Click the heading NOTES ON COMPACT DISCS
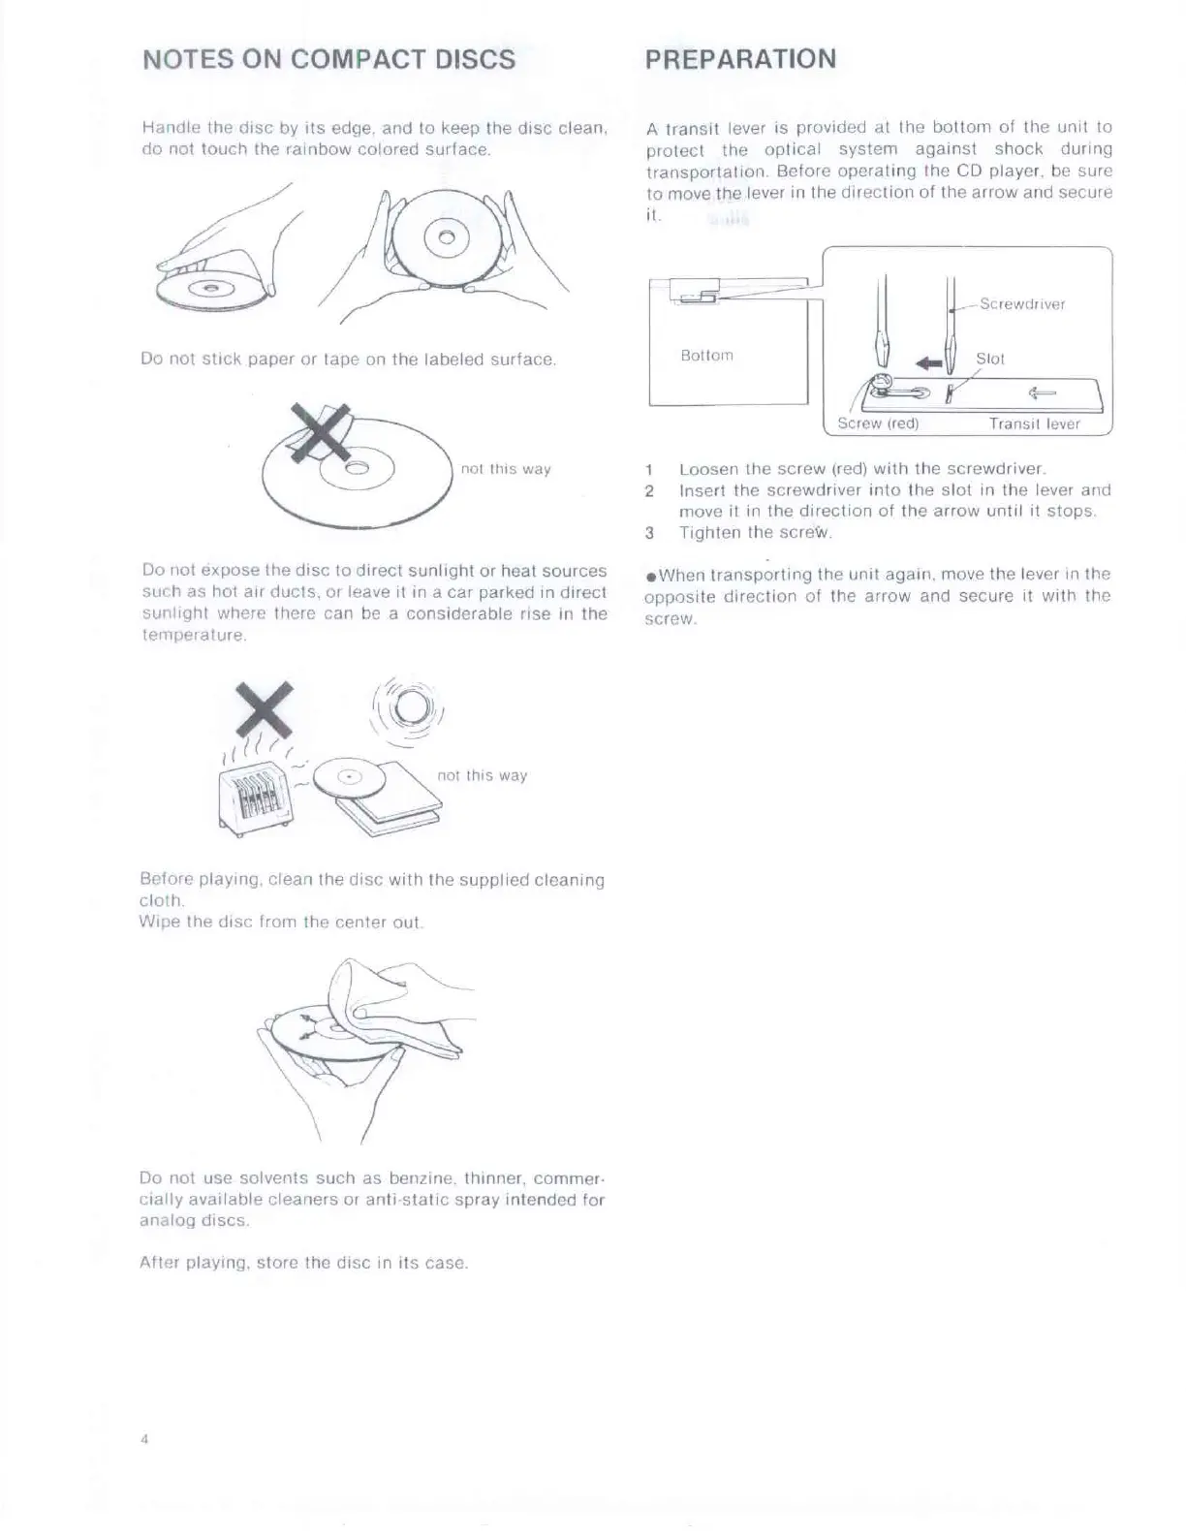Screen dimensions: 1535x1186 [x=328, y=59]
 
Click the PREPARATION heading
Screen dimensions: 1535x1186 [x=740, y=58]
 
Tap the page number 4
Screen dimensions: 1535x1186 [x=144, y=1438]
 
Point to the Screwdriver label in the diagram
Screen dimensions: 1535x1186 [x=1021, y=304]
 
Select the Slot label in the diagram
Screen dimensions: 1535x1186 [x=989, y=359]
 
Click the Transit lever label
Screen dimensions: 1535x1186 [x=1034, y=423]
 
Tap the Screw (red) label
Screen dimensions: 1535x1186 [x=878, y=423]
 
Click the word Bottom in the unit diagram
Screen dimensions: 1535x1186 [x=706, y=356]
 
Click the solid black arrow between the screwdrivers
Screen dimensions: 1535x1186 [x=929, y=363]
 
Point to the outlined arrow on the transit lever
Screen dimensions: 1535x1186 [x=1043, y=392]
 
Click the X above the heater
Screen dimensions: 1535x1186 [x=265, y=708]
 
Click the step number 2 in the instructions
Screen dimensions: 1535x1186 [x=650, y=490]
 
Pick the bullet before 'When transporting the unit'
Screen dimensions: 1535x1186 [x=651, y=577]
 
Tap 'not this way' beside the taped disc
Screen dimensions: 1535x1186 [x=506, y=469]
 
